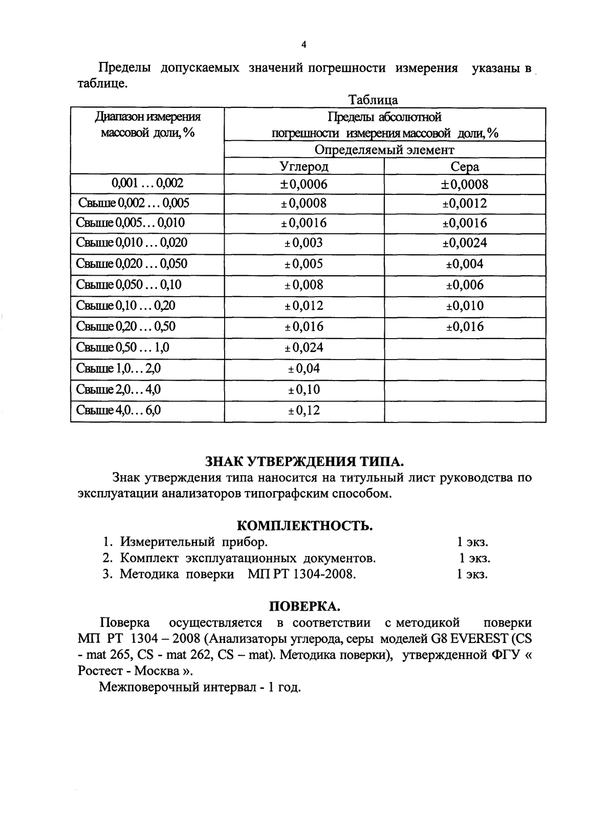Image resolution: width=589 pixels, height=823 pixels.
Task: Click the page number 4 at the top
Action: pos(303,45)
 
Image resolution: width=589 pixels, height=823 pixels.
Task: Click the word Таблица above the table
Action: pos(373,100)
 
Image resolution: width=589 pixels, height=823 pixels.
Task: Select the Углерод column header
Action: pos(304,167)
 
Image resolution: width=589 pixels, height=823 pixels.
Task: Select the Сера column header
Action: pos(465,167)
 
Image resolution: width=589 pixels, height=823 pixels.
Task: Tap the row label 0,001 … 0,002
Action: pos(147,183)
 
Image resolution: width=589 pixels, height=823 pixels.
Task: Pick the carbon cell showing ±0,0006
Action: pos(304,184)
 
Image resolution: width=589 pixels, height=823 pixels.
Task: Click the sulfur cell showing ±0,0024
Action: pos(465,243)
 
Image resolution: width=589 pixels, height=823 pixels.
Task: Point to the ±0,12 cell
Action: pos(304,410)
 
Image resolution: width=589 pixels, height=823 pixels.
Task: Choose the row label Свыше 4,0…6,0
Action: pos(119,410)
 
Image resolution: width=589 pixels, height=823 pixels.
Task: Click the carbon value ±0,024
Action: pos(304,348)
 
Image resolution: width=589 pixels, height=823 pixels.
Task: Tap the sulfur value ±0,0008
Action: pos(465,184)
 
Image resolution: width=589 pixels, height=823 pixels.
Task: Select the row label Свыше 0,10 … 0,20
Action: pos(126,306)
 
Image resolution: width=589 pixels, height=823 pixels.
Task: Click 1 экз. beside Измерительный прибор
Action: pos(472,542)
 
